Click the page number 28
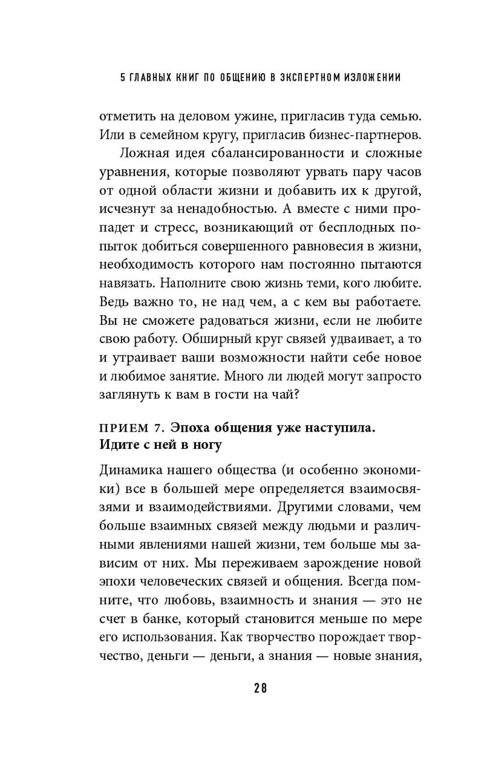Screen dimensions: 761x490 (x=261, y=688)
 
